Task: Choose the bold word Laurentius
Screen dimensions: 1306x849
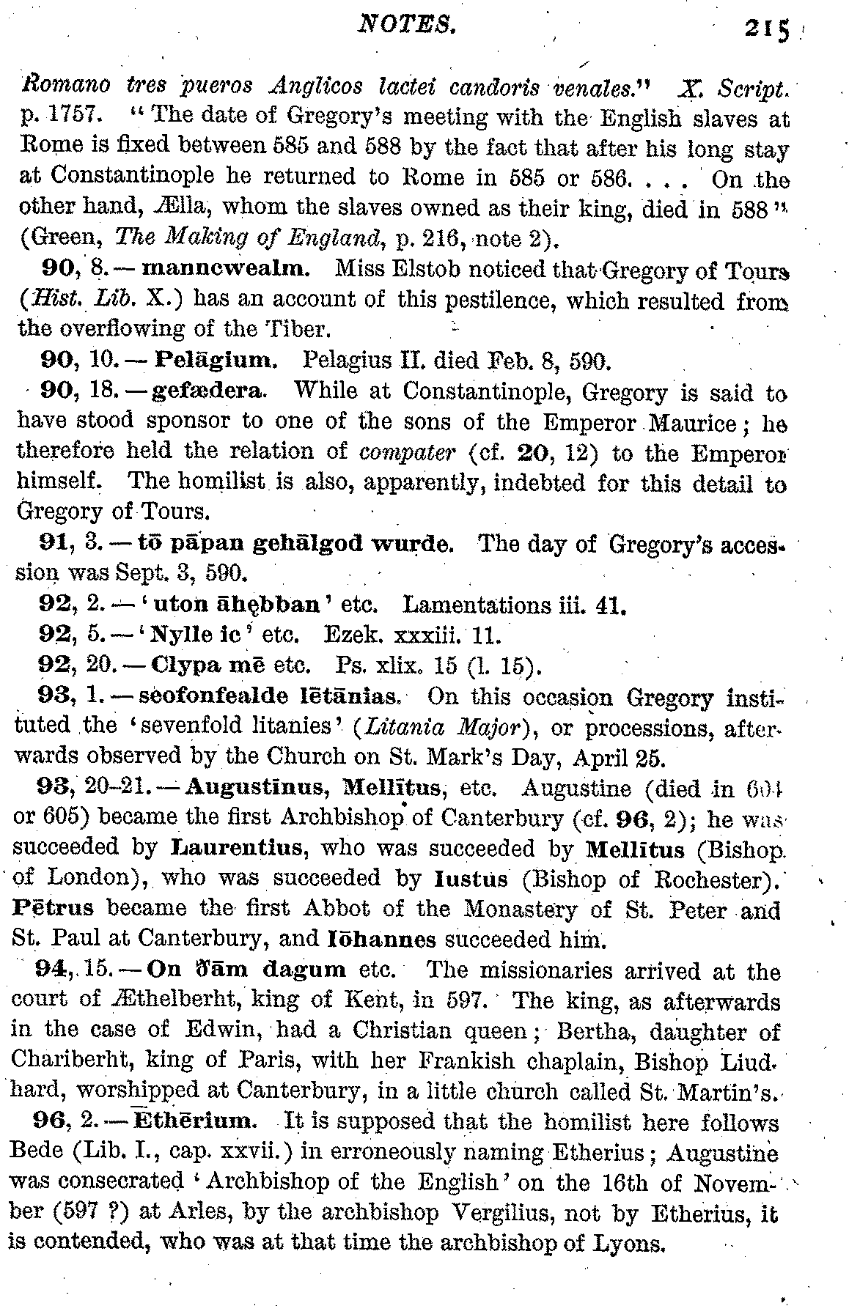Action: click(238, 848)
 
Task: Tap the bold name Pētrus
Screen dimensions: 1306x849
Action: click(54, 909)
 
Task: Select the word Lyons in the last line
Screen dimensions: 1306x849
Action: click(630, 1244)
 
